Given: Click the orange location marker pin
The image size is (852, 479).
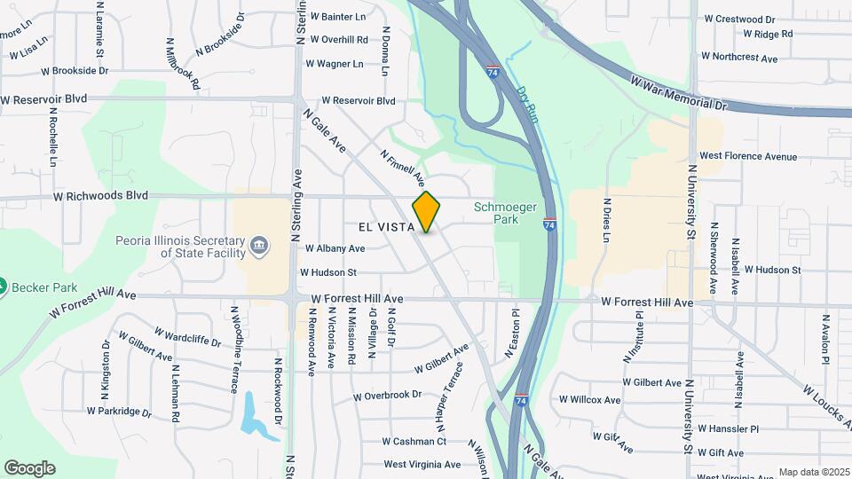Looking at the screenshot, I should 426,212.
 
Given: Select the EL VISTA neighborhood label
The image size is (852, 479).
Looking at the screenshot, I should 387,228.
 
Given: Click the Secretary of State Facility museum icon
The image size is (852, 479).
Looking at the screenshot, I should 258,245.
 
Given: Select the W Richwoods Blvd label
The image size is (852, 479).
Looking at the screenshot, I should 99,195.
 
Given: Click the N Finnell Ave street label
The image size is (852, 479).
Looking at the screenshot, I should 403,168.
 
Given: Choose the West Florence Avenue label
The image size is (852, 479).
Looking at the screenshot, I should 748,156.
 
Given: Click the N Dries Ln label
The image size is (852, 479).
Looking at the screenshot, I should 608,221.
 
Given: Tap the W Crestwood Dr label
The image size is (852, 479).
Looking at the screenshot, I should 739,19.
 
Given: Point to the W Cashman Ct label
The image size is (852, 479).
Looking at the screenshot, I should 414,441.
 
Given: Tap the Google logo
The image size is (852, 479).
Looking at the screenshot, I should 29,468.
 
